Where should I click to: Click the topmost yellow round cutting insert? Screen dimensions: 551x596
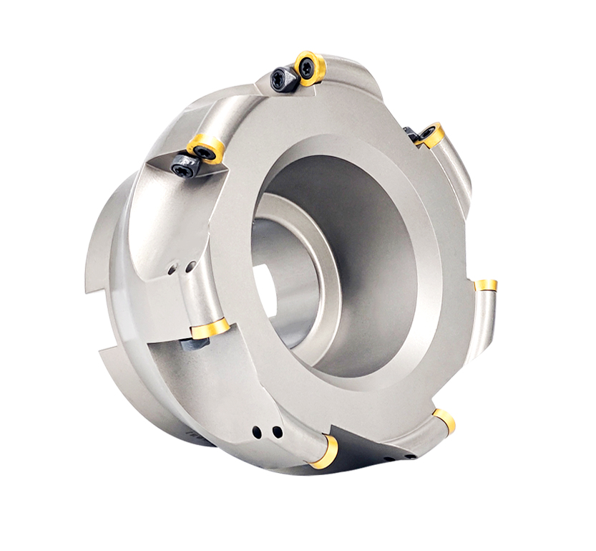(310, 68)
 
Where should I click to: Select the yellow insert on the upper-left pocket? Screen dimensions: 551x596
(206, 148)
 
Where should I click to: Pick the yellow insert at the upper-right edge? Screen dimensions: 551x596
(430, 135)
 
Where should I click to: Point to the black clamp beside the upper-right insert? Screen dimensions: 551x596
(411, 133)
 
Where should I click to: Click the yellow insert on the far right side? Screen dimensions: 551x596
(487, 285)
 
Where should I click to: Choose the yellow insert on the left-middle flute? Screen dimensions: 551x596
(210, 328)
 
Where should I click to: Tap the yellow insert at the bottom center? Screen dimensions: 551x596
(325, 452)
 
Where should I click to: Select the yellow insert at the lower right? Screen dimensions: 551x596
(444, 420)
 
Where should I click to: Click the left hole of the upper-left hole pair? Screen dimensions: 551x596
(172, 271)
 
